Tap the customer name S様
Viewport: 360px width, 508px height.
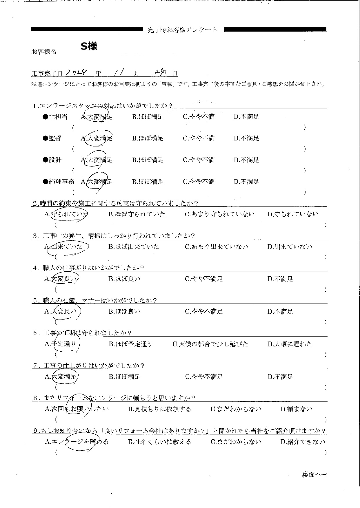click(89, 46)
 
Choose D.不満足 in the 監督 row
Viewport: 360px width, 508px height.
click(246, 138)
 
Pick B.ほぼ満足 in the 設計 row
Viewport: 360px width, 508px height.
click(148, 160)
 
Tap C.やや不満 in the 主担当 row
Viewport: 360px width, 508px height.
click(199, 117)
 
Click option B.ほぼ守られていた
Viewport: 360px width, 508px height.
click(137, 214)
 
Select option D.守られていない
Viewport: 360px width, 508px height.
click(293, 214)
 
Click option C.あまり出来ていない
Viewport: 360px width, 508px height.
click(217, 247)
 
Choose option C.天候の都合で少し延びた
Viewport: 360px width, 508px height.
click(210, 344)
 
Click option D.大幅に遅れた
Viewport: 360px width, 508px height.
click(290, 344)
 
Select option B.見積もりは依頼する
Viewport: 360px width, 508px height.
click(159, 409)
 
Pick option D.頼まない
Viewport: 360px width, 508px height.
click(297, 409)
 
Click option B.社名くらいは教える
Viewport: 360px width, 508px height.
click(159, 442)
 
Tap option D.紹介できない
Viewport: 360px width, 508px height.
click(303, 442)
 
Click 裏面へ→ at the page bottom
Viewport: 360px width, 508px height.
click(314, 475)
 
